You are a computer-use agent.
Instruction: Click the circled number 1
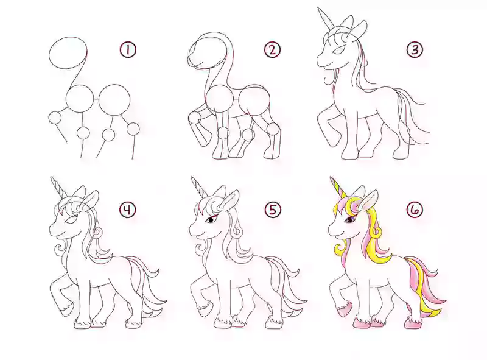point(128,50)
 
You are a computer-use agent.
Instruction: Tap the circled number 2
point(272,50)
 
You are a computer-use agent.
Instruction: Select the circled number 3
point(415,50)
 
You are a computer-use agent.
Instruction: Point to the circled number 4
point(128,210)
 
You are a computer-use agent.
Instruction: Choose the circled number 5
point(272,210)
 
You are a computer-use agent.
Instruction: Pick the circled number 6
point(415,210)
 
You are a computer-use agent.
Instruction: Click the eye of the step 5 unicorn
point(211,219)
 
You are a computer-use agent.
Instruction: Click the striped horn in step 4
point(58,187)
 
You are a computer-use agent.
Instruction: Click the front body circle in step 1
point(79,99)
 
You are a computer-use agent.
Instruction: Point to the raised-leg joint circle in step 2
point(195,118)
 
